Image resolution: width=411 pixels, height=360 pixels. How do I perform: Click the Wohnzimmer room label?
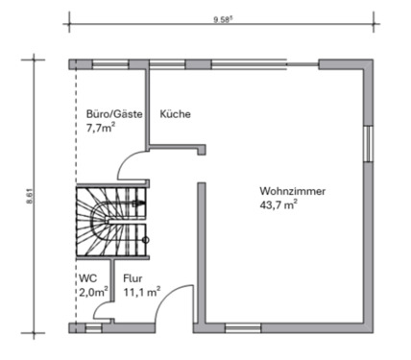click(x=292, y=191)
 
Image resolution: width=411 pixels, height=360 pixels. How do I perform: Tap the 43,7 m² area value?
click(x=278, y=205)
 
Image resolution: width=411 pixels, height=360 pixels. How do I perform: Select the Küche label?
click(x=176, y=114)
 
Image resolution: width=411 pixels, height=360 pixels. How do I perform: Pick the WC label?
click(x=86, y=278)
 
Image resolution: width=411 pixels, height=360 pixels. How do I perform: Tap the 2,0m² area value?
click(x=93, y=292)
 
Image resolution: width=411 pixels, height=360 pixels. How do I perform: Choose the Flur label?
click(x=133, y=278)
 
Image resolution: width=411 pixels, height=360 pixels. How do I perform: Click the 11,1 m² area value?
click(x=141, y=292)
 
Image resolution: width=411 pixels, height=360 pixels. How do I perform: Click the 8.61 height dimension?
click(x=30, y=195)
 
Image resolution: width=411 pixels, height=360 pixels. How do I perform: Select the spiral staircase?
click(x=110, y=220)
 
